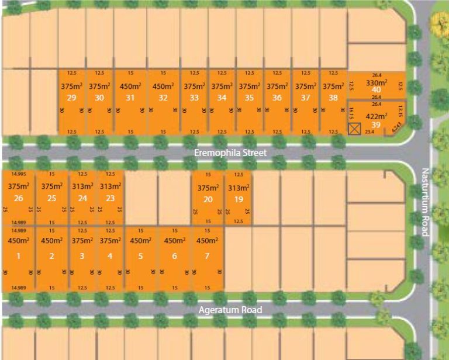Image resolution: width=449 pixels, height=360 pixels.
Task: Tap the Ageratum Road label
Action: click(x=229, y=310)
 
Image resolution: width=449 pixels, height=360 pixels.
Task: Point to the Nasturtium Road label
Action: click(x=425, y=202)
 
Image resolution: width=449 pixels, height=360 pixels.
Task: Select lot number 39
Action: click(x=377, y=125)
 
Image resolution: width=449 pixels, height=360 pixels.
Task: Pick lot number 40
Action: click(x=377, y=90)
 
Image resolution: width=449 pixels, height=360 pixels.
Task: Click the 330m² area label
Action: click(x=377, y=82)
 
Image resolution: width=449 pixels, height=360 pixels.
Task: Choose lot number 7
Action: click(x=208, y=255)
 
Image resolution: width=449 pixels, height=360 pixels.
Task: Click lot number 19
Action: click(x=239, y=199)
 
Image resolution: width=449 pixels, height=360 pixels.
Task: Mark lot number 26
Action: click(x=18, y=199)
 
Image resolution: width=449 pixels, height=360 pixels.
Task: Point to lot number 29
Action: click(x=72, y=98)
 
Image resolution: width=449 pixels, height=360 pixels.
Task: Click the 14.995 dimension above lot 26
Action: click(x=19, y=174)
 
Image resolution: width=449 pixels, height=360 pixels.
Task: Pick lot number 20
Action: click(x=208, y=199)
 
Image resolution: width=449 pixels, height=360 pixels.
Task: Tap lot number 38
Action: click(x=333, y=98)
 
